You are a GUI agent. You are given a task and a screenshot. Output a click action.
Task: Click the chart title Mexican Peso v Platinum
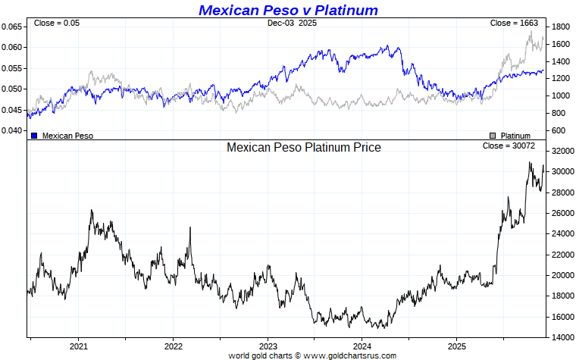[x=288, y=10]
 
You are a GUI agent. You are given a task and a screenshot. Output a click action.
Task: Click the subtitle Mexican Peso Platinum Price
[x=304, y=147]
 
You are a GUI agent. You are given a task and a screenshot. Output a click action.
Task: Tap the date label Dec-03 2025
[x=292, y=23]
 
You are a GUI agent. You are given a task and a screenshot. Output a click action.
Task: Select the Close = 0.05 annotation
[x=56, y=23]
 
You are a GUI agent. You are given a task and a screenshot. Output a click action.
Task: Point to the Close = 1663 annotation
[x=514, y=23]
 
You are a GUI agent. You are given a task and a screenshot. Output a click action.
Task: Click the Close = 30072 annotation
[x=511, y=145]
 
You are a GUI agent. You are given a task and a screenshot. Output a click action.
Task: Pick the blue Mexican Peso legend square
[x=34, y=136]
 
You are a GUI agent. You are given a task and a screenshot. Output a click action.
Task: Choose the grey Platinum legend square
[x=493, y=136]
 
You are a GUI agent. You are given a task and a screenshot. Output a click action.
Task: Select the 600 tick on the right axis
[x=558, y=131]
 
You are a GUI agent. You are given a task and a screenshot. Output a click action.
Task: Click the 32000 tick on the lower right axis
[x=562, y=152]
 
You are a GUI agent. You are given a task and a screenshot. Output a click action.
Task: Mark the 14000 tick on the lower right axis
[x=562, y=337]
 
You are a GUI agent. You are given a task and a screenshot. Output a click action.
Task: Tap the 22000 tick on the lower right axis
[x=562, y=255]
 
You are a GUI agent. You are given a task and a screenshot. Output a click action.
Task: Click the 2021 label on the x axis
[x=79, y=346]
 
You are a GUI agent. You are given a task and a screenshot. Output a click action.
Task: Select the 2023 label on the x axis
[x=268, y=346]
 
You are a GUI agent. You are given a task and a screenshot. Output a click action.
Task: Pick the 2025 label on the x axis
[x=456, y=346]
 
